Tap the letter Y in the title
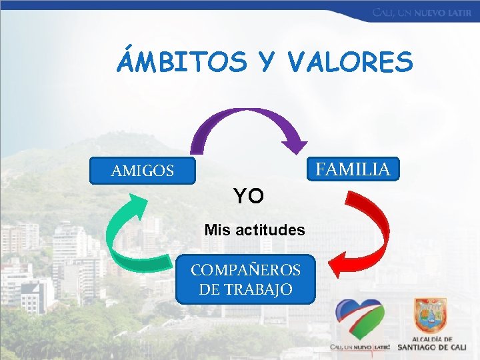point(266,63)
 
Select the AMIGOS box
point(143,171)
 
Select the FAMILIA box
point(353,169)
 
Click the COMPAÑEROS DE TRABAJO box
point(245,279)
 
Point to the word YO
point(248,196)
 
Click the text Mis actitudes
point(255,230)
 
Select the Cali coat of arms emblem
point(430,316)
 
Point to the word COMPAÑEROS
point(245,270)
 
